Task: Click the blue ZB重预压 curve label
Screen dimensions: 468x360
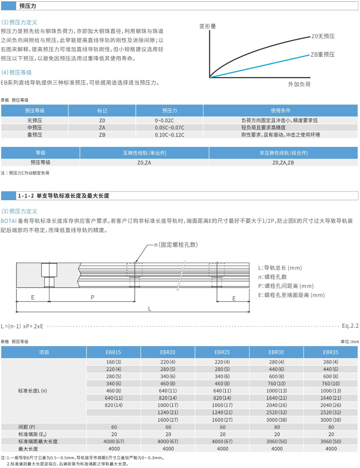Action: tap(322, 55)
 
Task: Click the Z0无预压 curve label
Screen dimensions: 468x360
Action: tap(323, 36)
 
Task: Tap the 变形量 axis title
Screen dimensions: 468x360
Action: tap(208, 26)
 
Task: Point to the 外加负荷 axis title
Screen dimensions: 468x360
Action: tap(299, 84)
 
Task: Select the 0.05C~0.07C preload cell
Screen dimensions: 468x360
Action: tap(169, 128)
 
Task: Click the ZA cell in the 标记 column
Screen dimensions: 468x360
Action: tap(102, 128)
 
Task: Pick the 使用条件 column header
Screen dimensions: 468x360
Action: tap(280, 111)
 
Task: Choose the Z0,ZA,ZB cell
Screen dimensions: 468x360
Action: tap(283, 163)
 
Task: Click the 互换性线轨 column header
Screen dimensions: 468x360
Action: tap(144, 153)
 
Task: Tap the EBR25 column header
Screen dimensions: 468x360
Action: tap(222, 352)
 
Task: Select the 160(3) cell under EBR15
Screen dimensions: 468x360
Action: tap(113, 362)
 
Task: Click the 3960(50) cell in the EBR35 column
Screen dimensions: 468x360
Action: tap(331, 442)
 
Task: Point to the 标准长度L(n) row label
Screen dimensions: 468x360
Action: tap(32, 391)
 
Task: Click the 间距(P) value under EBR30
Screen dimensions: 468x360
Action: tap(277, 427)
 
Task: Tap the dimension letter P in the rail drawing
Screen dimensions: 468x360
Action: tap(93, 297)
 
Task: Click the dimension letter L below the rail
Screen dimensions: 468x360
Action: tap(149, 309)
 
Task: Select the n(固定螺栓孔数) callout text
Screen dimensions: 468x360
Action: tap(176, 245)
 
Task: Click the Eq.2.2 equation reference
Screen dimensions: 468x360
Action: tap(350, 326)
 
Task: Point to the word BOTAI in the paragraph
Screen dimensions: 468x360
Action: tap(8, 221)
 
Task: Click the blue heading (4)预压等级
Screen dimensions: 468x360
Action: tap(16, 72)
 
